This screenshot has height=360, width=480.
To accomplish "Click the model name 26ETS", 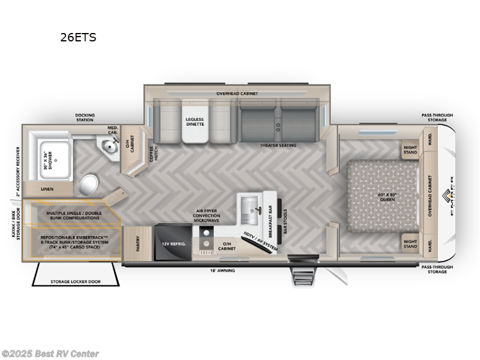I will [78, 37].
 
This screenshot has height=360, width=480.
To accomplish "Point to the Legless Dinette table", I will [194, 122].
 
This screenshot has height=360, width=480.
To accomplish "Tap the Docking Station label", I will [85, 118].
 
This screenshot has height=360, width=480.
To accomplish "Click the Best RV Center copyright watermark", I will [50, 354].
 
